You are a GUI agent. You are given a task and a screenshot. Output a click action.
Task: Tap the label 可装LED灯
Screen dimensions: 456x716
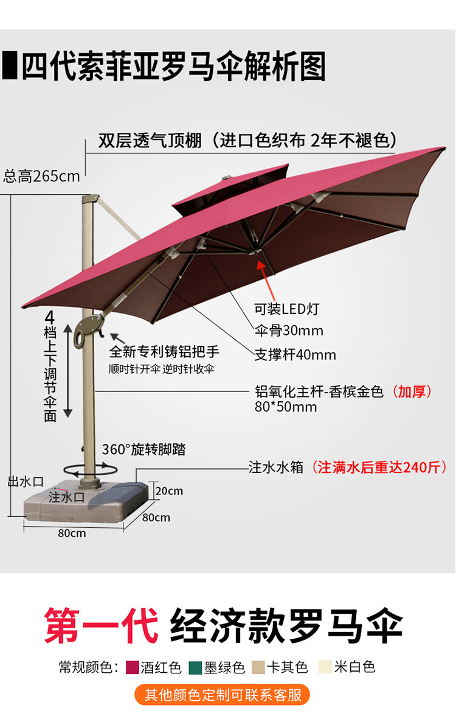(286, 309)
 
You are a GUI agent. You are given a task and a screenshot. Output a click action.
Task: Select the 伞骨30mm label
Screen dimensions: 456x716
(289, 331)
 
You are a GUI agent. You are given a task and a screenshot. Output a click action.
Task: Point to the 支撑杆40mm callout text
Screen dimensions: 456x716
(295, 354)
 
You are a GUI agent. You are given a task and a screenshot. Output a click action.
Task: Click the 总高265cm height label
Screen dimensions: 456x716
(41, 177)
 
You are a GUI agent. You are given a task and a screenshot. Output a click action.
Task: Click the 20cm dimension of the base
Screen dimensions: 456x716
(168, 491)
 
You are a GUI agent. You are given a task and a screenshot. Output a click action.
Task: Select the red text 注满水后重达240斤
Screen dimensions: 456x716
(379, 468)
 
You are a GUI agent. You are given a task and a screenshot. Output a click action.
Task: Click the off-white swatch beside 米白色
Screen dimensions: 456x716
(325, 667)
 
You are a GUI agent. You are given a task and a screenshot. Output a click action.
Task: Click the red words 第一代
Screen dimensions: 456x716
(101, 625)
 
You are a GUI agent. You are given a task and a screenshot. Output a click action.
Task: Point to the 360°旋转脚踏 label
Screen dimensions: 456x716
(143, 450)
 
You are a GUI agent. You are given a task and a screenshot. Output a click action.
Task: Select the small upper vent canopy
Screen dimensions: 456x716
(231, 186)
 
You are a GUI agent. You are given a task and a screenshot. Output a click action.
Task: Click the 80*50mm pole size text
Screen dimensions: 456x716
(286, 407)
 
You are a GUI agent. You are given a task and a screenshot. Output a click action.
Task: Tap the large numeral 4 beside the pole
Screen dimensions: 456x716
(50, 318)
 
